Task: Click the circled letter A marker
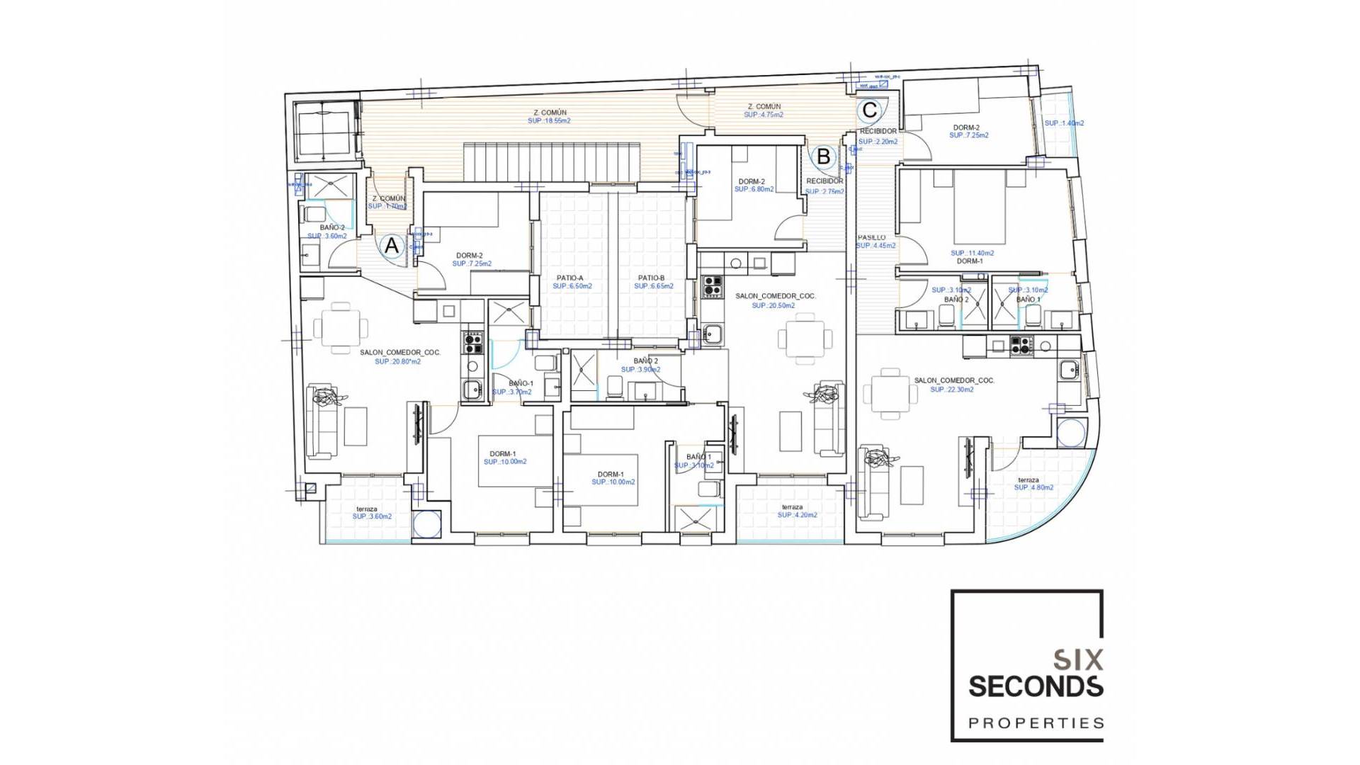[391, 246]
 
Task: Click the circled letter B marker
[823, 156]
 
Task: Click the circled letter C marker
[870, 110]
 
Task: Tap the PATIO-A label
[570, 278]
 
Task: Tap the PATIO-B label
[651, 278]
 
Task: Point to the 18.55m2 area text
[549, 121]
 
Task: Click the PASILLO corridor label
[871, 238]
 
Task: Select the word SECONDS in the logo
[1035, 686]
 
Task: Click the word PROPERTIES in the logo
[1036, 723]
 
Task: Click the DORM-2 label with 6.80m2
[751, 182]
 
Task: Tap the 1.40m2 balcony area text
[1064, 123]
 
